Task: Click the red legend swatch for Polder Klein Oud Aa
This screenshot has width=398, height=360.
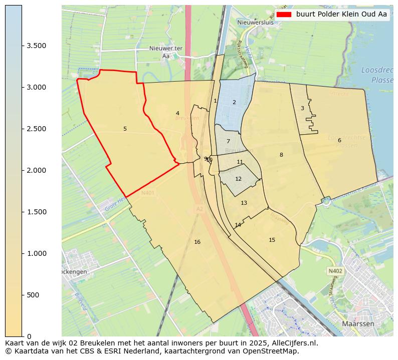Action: (x=284, y=15)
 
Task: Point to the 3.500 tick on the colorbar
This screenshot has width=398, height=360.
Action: (x=37, y=46)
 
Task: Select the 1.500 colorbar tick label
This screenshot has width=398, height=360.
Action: (x=37, y=212)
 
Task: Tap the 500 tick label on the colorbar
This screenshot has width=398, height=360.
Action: (x=33, y=295)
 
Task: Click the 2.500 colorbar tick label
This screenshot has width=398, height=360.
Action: (x=37, y=129)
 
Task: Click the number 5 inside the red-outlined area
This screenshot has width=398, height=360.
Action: (x=125, y=129)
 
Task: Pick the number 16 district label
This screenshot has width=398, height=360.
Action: (x=197, y=242)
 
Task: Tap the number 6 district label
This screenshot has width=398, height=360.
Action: (x=339, y=140)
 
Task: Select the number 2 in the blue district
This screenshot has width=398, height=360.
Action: (x=234, y=103)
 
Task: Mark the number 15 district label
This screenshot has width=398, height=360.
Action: (x=272, y=240)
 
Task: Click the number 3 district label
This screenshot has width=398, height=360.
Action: (x=302, y=109)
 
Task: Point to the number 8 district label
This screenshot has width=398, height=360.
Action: (x=281, y=155)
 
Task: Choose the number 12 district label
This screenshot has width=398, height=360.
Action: (x=238, y=179)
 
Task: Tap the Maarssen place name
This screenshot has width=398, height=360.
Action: (x=359, y=324)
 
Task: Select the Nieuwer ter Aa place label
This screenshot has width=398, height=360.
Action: (x=165, y=52)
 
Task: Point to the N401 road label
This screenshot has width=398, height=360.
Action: (x=148, y=193)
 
